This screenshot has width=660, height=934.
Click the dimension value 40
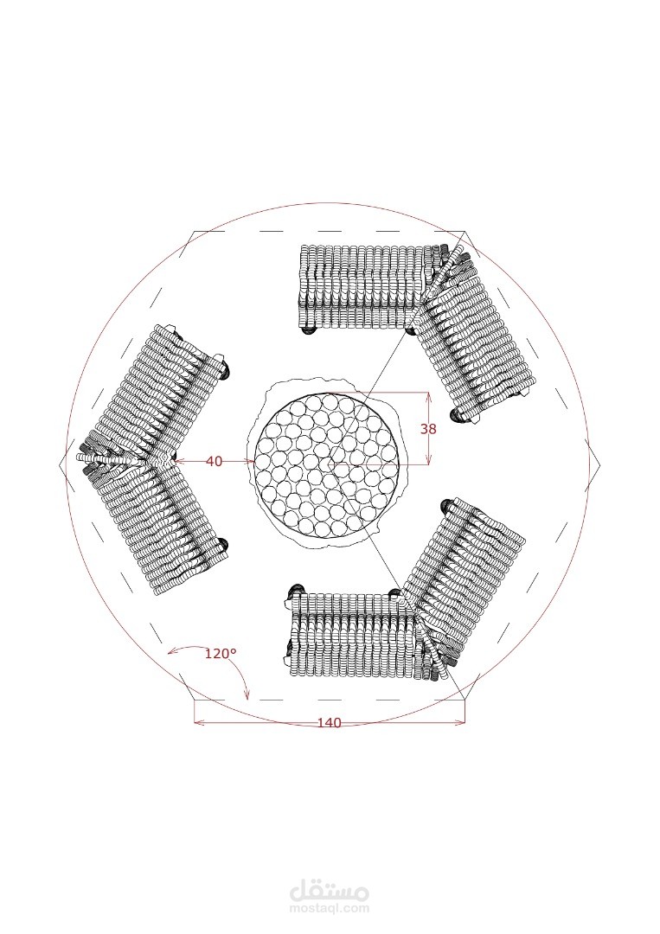click(215, 461)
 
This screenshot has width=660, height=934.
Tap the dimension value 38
click(428, 428)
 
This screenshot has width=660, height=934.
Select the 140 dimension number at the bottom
click(329, 722)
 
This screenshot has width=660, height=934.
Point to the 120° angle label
click(221, 654)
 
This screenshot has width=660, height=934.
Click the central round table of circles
click(327, 462)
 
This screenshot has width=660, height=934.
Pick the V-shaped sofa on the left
click(153, 460)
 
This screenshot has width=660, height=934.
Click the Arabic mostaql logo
click(329, 891)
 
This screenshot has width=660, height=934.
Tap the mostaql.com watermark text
click(329, 909)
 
